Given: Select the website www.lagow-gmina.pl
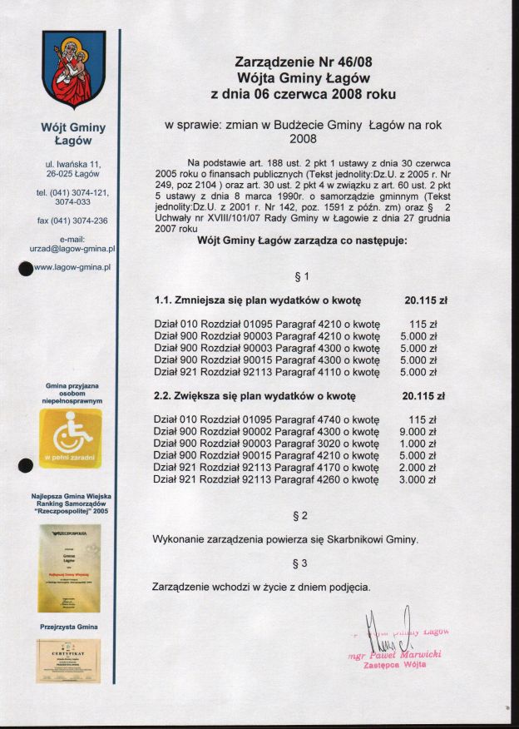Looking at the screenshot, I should coord(73,267).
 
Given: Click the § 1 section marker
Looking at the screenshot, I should coord(301,276).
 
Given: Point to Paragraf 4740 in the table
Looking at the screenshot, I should coord(304,420).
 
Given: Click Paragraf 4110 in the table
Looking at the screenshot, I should coord(304,372).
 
